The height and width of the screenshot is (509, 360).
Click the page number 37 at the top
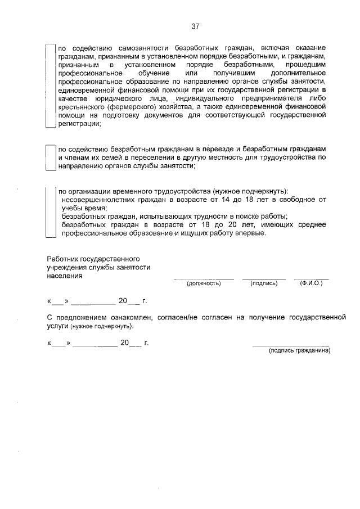(195, 26)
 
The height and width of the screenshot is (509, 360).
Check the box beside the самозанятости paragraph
(51, 87)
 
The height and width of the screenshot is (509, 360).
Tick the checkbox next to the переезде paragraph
(51, 157)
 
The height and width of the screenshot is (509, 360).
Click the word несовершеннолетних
(100, 200)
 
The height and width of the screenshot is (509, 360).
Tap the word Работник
(62, 259)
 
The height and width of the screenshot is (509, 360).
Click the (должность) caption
(203, 283)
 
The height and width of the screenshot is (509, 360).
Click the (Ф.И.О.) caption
(311, 283)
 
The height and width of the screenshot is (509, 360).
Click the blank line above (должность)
(203, 278)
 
